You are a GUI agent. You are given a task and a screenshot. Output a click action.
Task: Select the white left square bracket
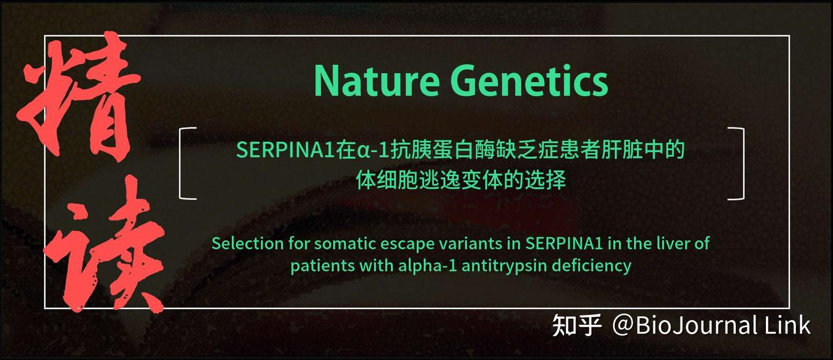click(x=186, y=163)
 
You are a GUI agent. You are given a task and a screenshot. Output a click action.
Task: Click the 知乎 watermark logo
click(x=577, y=325)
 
